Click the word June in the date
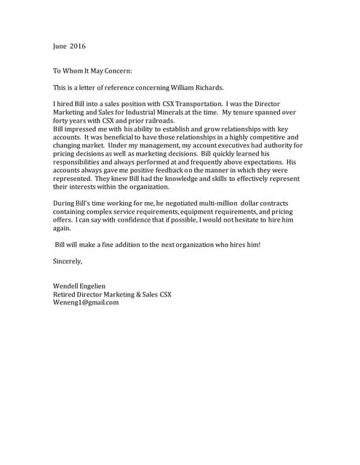pyautogui.click(x=60, y=46)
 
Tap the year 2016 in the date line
pyautogui.click(x=78, y=46)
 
